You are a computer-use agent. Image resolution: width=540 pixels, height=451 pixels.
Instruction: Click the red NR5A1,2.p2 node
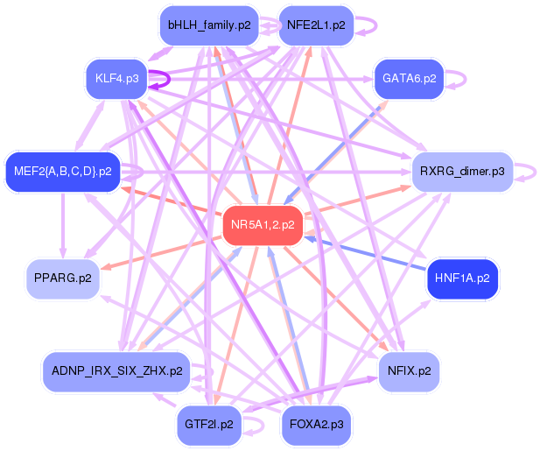click(x=263, y=225)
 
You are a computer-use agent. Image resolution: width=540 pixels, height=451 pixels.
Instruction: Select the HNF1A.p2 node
click(x=462, y=278)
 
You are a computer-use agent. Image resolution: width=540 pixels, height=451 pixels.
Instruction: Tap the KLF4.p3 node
click(x=116, y=79)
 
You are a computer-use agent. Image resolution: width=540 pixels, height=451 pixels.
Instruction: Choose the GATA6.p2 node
click(x=409, y=79)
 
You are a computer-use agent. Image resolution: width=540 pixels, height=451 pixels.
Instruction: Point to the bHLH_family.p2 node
click(x=209, y=25)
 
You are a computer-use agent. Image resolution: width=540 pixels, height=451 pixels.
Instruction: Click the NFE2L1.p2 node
click(x=315, y=25)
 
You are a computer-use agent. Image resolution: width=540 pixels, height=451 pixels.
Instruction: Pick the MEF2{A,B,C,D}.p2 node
click(x=62, y=171)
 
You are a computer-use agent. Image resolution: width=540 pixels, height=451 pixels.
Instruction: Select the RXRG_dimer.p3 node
click(x=461, y=171)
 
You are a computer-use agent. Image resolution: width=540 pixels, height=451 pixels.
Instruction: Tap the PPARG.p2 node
click(x=62, y=278)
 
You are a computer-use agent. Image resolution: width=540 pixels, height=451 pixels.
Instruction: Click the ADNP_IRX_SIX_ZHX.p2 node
click(x=116, y=370)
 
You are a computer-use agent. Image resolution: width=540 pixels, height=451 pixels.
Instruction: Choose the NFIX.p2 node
click(x=409, y=370)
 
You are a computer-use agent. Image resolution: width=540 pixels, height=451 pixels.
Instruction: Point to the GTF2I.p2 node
click(x=209, y=424)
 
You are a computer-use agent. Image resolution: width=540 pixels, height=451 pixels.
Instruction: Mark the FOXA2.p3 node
click(x=315, y=424)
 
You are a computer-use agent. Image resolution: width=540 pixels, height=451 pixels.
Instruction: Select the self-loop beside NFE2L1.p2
click(x=369, y=25)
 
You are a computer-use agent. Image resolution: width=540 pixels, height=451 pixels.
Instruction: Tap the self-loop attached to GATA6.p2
click(x=459, y=79)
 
